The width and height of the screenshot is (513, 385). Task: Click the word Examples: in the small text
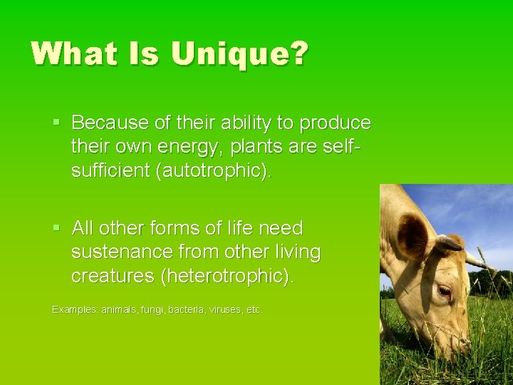[x=75, y=310]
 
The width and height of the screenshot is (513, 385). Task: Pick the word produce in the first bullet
[x=336, y=123]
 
